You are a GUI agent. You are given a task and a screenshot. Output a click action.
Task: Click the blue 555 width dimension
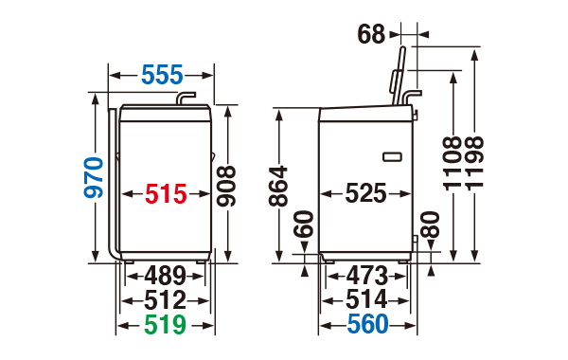click(162, 75)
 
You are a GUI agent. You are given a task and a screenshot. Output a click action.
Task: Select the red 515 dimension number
click(166, 194)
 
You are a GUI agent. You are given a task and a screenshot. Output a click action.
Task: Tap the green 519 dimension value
click(165, 324)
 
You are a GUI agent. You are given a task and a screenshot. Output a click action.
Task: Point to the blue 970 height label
click(94, 178)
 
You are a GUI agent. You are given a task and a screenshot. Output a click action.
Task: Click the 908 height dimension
click(226, 186)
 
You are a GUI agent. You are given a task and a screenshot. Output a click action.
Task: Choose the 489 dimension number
click(165, 276)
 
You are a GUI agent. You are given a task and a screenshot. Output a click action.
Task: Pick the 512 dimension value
click(165, 300)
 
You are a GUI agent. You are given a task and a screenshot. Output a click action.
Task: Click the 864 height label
click(278, 187)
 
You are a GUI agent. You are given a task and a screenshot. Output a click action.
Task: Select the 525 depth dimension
click(365, 193)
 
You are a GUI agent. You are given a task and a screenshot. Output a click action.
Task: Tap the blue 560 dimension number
click(367, 324)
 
